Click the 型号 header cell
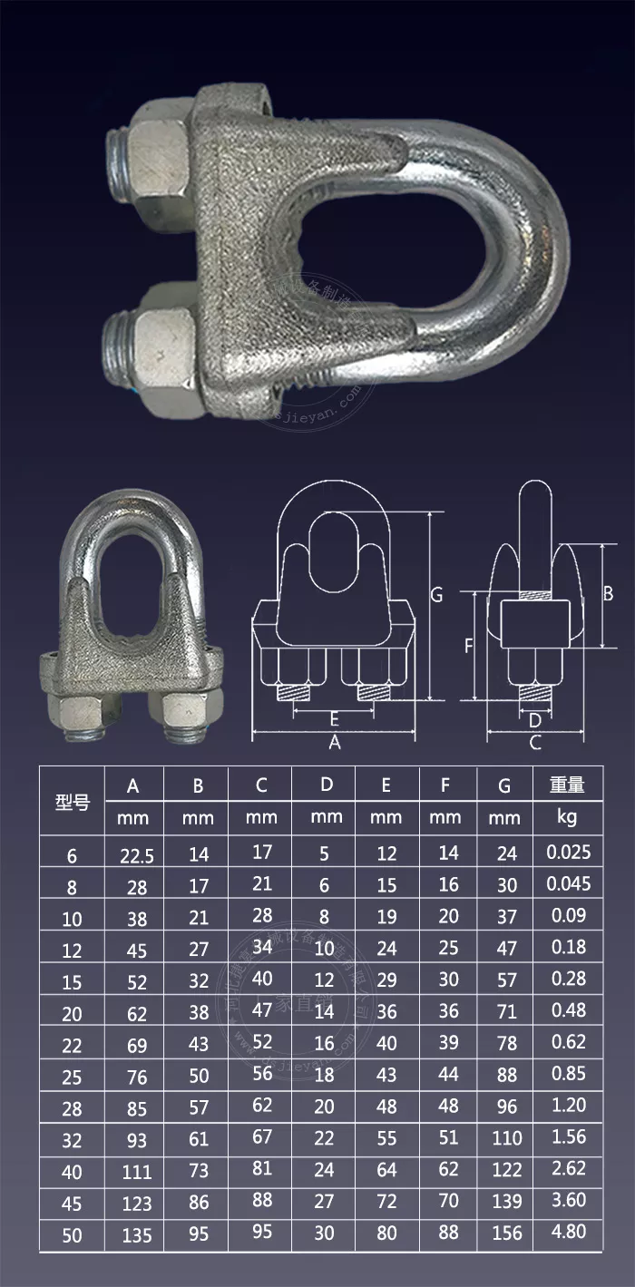pos(73,802)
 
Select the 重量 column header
pos(567,785)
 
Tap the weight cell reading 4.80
pos(569,1232)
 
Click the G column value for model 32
pos(506,1137)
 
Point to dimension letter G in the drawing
pos(436,595)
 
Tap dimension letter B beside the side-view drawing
pos(609,593)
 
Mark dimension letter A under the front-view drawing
pos(334,743)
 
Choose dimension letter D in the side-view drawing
pos(534,720)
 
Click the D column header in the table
pos(327,785)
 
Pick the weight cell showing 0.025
pos(569,852)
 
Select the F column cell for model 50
pos(448,1232)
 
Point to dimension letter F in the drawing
pos(468,646)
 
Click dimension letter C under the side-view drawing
pos(535,743)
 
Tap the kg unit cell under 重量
pos(567,817)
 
